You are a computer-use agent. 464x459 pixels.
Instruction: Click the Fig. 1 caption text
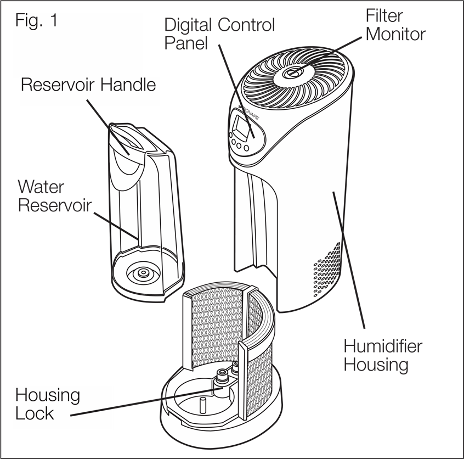pyautogui.click(x=37, y=22)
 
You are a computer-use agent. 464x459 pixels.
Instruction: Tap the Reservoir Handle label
pyautogui.click(x=88, y=86)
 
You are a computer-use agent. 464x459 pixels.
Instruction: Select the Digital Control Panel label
pyautogui.click(x=219, y=33)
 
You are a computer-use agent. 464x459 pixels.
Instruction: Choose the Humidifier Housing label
pyautogui.click(x=383, y=355)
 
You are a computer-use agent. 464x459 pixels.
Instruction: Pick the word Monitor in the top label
pyautogui.click(x=395, y=35)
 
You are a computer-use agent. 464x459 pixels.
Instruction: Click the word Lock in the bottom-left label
pyautogui.click(x=34, y=413)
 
